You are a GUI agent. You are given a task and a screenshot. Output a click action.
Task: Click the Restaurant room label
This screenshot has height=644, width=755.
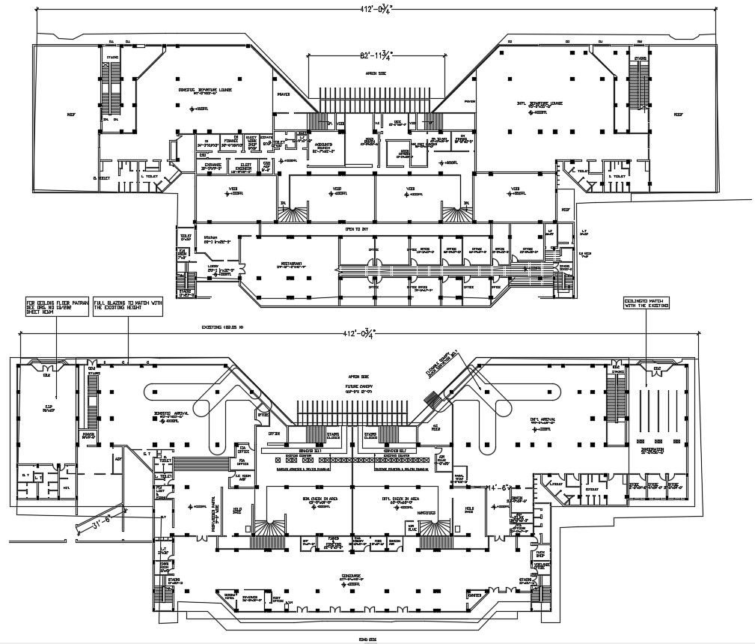291,264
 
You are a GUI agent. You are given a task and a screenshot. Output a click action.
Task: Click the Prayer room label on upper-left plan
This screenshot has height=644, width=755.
283,95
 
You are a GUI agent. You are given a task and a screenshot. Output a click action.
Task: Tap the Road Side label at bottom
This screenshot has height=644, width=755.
367,639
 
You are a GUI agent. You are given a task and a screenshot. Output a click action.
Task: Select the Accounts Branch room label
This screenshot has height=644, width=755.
324,148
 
